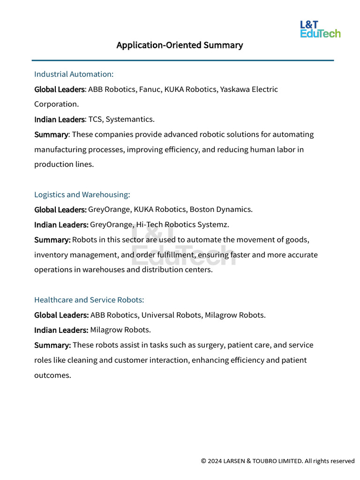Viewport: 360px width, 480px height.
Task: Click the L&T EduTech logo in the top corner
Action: pos(320,29)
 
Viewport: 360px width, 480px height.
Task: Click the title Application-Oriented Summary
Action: pos(180,45)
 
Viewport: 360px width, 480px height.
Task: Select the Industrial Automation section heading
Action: pos(74,74)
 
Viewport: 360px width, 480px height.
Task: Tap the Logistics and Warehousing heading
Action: pos(82,194)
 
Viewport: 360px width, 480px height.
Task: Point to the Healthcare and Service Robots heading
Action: pos(89,300)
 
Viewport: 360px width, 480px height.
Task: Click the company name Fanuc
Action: pos(150,89)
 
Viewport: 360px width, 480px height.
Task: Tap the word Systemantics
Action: pos(130,119)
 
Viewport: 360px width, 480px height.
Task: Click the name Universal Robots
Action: pos(171,315)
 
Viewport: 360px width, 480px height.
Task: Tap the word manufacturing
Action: pos(60,150)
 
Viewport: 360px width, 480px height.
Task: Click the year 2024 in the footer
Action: pos(215,461)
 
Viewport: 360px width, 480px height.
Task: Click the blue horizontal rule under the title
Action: pos(183,60)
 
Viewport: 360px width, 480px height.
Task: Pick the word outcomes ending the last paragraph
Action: pos(52,375)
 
